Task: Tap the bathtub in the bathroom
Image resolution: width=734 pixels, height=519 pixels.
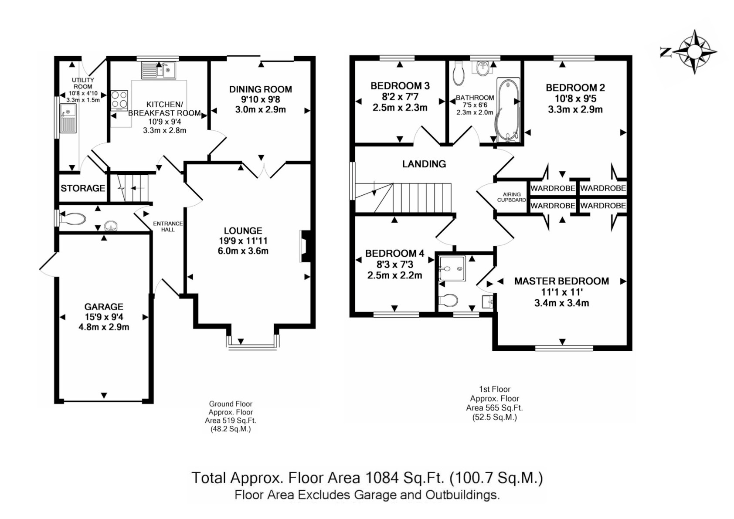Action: tap(508, 109)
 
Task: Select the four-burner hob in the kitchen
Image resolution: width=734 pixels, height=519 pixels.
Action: tap(119, 100)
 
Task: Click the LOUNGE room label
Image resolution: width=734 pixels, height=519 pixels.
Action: tap(243, 231)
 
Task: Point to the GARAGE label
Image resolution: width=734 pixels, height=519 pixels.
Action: tap(104, 307)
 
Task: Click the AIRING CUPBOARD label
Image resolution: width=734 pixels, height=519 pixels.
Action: tap(512, 197)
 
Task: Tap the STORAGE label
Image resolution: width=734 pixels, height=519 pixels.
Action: tap(83, 188)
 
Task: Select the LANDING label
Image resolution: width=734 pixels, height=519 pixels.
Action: tap(424, 164)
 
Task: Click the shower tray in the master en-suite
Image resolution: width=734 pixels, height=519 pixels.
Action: tap(452, 269)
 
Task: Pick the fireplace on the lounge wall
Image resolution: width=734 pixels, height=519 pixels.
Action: tap(306, 246)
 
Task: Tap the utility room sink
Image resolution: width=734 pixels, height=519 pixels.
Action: tap(68, 119)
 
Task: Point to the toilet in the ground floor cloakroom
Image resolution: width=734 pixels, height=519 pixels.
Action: tap(72, 219)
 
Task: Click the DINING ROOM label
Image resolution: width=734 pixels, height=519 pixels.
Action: tap(261, 89)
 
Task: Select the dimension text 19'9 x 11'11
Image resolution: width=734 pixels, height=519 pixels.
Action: tap(243, 241)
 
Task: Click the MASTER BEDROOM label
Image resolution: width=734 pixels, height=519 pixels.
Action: tap(562, 281)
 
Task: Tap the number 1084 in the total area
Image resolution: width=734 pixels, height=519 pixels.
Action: tap(382, 478)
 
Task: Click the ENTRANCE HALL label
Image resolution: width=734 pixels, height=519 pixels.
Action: tap(168, 227)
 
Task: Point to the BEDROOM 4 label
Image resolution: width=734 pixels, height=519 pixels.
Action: tap(394, 253)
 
